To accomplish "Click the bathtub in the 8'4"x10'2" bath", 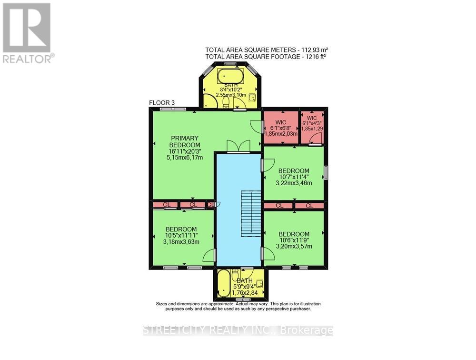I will click(x=230, y=76).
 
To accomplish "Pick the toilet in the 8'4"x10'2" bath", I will click(x=227, y=103).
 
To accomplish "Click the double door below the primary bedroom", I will click(x=238, y=147).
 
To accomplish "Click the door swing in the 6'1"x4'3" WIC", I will click(x=317, y=138).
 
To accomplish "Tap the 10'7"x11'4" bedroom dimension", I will click(x=294, y=177).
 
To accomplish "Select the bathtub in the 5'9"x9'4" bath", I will click(x=222, y=285).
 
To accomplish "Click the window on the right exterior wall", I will click(x=326, y=172).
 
